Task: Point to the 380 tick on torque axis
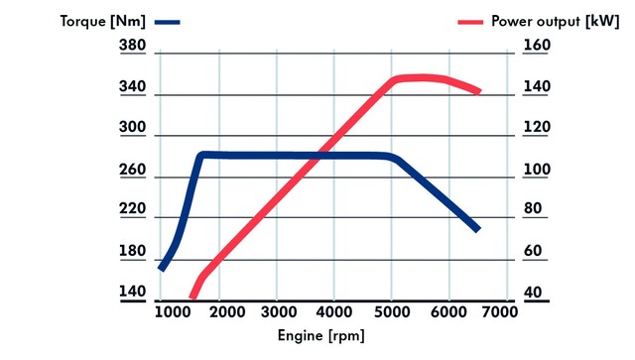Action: tap(132, 46)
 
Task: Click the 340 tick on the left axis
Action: tap(132, 88)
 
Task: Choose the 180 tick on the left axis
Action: tap(132, 251)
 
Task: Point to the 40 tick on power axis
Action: tap(535, 293)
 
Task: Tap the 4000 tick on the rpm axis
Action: tap(334, 311)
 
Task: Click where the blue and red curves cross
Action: tap(317, 155)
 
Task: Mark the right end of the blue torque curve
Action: tap(477, 229)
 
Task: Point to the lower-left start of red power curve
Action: tap(193, 296)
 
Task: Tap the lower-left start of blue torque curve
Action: tap(162, 268)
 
